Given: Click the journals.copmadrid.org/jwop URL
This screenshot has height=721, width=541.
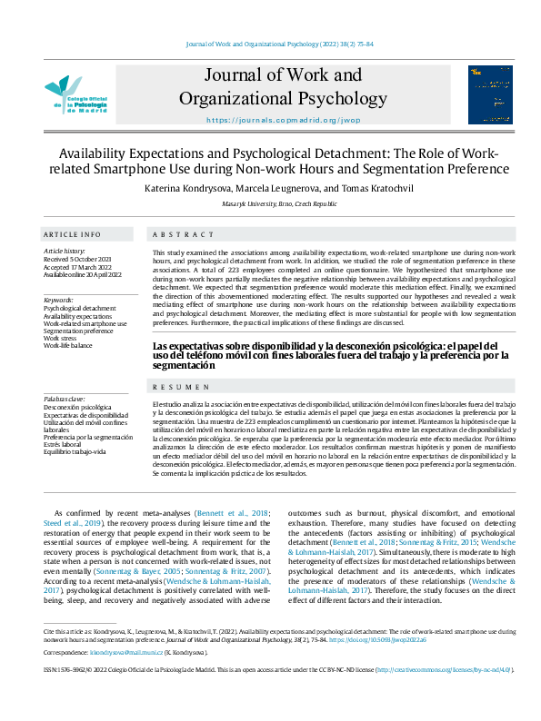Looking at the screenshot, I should (x=283, y=120).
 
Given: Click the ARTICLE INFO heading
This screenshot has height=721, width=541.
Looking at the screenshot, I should (x=73, y=233).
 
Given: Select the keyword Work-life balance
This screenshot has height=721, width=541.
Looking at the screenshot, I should (x=68, y=346).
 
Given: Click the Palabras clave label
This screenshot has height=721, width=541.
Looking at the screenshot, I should (x=65, y=399).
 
